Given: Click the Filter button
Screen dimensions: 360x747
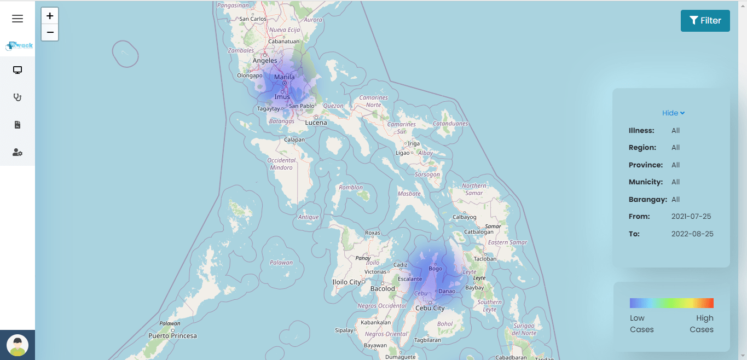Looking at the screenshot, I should point(705,21).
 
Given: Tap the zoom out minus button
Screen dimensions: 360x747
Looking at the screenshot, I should point(50,32).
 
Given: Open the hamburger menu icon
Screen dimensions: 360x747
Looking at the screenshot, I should point(18,19).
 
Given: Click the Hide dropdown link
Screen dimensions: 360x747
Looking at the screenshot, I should point(673,113).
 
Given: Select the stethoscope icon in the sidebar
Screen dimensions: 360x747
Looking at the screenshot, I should point(18,97).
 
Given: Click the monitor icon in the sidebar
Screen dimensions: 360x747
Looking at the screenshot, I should point(18,70).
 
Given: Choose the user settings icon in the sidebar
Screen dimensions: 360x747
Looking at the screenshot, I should point(18,153).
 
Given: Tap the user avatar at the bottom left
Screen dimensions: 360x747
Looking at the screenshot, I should point(18,345).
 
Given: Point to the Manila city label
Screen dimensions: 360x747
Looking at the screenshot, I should point(285,77).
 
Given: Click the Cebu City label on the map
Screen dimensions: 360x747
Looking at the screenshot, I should point(430,308).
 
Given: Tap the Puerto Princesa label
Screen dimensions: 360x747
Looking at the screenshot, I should point(172,335).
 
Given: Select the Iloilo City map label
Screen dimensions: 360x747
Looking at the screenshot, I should point(347,282).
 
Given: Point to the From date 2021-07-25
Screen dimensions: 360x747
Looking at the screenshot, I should point(691,217).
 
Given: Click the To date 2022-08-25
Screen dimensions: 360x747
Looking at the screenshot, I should point(692,234).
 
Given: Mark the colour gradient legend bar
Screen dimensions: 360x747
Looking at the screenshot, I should point(671,303).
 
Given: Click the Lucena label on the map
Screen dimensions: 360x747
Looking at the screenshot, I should point(316,123).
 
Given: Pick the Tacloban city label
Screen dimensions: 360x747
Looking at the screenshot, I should point(485,259).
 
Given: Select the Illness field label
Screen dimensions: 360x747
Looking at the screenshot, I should point(641,131).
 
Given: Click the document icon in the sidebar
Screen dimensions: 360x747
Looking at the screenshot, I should point(18,125).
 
